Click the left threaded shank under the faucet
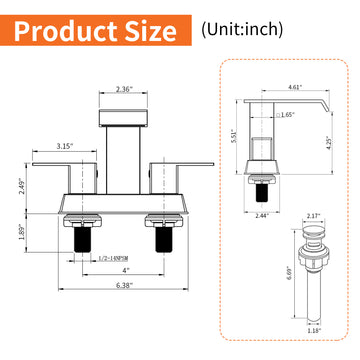click(74, 240)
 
